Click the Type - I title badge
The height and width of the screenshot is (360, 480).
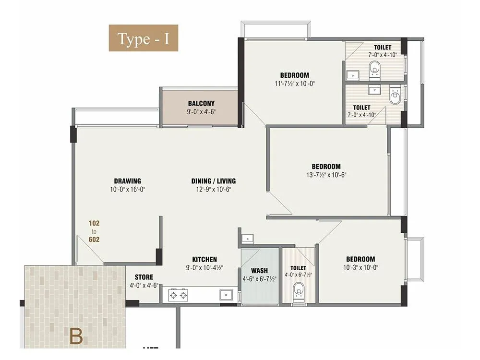click(144, 38)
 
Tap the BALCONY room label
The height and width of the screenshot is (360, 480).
click(201, 103)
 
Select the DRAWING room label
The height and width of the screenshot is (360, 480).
click(127, 181)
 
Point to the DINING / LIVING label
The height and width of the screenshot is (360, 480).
click(214, 181)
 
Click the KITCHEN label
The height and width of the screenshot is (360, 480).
click(204, 259)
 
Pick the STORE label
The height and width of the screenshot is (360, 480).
click(144, 277)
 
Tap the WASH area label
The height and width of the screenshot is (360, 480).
click(259, 271)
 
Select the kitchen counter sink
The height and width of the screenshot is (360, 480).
click(224, 294)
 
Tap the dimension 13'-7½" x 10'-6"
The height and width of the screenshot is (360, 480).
click(326, 175)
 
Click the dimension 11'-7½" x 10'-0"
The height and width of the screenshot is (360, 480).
click(295, 84)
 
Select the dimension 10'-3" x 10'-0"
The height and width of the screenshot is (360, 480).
click(359, 268)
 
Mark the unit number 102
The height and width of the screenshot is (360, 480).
click(94, 223)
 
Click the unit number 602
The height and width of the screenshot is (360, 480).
click(94, 240)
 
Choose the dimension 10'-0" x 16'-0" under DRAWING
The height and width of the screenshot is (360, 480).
click(127, 190)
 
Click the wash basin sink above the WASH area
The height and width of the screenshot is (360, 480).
click(248, 238)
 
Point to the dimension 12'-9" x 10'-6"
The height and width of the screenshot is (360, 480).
click(214, 190)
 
